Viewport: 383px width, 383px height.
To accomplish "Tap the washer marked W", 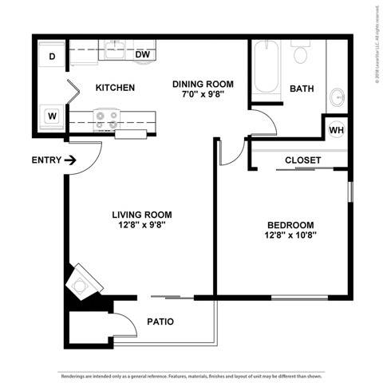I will click(51, 116).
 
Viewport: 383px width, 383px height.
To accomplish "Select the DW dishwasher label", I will click(143, 55).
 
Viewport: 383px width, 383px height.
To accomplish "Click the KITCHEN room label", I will click(115, 88).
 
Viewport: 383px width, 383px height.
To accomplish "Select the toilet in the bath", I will click(301, 53).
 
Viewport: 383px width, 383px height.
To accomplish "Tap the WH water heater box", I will click(335, 129).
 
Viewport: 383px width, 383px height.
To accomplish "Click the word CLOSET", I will click(303, 160).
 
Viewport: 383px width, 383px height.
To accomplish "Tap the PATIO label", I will click(160, 322).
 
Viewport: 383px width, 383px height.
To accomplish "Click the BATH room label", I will click(301, 88).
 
